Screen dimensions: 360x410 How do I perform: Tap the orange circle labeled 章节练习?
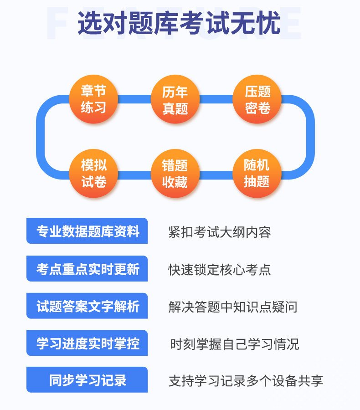93,99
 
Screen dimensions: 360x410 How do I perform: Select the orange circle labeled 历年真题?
175,99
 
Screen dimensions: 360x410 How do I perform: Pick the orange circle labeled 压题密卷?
257,99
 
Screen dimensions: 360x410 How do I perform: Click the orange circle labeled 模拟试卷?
93,173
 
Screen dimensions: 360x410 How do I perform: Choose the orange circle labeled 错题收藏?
175,173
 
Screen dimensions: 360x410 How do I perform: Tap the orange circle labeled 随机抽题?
257,173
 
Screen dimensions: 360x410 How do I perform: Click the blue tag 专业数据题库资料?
87,231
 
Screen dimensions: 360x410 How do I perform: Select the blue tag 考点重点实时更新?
87,269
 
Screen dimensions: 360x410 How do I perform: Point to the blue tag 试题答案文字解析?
87,306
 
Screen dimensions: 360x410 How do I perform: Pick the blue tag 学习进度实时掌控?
87,343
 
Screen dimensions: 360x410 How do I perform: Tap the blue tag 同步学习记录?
87,380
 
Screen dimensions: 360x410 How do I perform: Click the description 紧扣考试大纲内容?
220,232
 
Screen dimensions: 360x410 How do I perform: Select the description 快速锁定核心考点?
220,269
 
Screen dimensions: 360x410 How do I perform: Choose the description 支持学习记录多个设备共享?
246,380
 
